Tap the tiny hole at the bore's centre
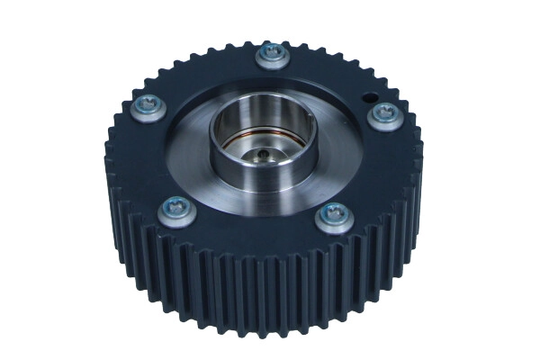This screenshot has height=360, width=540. tap(261, 154)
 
